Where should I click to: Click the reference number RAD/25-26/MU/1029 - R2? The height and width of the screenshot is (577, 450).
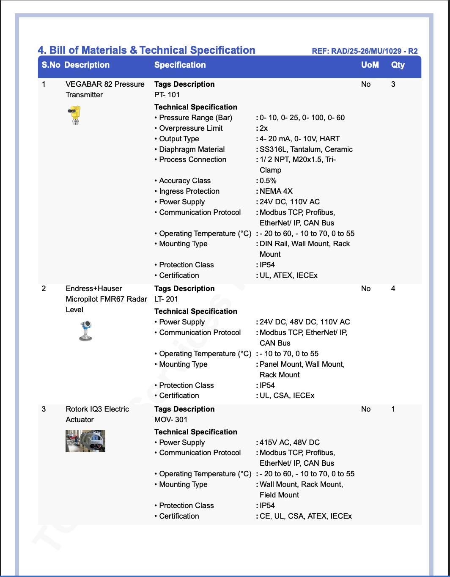click(365, 51)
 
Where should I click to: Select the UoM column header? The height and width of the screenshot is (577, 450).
click(370, 65)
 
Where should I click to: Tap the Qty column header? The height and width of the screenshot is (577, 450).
click(398, 65)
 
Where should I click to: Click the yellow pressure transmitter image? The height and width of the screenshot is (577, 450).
click(74, 115)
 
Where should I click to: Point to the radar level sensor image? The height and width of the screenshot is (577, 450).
click(85, 331)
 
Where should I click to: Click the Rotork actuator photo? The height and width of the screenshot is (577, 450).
click(85, 441)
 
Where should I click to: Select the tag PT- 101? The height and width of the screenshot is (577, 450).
click(167, 95)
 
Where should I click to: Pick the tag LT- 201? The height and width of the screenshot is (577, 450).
click(166, 299)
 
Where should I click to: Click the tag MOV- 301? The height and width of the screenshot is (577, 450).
click(171, 420)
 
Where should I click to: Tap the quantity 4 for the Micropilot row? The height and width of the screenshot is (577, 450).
click(393, 288)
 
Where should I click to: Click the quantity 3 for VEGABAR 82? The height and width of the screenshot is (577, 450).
click(393, 84)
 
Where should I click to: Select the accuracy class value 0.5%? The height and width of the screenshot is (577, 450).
click(268, 181)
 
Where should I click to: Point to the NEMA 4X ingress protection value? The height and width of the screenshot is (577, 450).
click(276, 191)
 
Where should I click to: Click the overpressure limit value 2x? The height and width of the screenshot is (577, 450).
click(263, 128)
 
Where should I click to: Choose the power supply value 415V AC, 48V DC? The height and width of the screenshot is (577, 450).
click(290, 442)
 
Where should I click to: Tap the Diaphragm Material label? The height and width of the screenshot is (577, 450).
click(192, 149)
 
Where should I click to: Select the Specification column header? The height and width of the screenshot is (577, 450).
click(180, 65)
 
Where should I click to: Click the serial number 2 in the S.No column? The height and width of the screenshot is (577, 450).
click(44, 288)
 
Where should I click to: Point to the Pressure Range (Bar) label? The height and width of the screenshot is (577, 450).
click(195, 118)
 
